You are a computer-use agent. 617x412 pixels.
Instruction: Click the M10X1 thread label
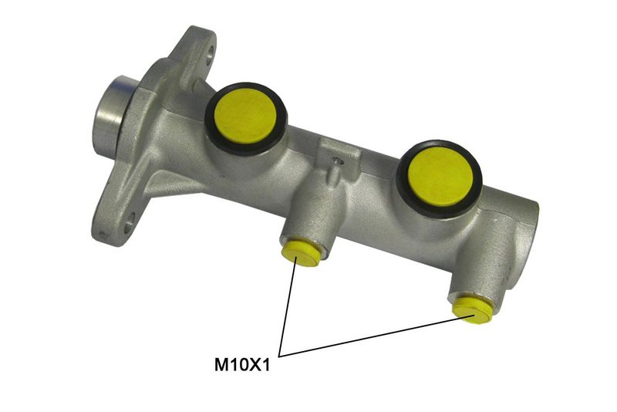242,365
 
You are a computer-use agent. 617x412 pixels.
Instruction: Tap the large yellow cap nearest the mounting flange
247,116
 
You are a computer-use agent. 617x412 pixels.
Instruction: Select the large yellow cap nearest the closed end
439,178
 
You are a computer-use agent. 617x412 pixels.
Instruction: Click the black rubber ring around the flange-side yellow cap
207,118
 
